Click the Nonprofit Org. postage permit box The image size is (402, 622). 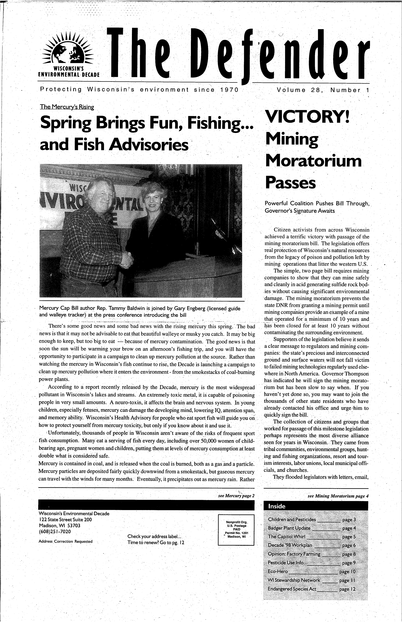236,530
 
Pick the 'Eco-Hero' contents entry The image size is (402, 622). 278,572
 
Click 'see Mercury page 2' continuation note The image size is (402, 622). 236,496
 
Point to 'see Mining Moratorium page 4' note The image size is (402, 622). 338,496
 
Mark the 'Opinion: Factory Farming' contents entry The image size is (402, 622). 294,554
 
